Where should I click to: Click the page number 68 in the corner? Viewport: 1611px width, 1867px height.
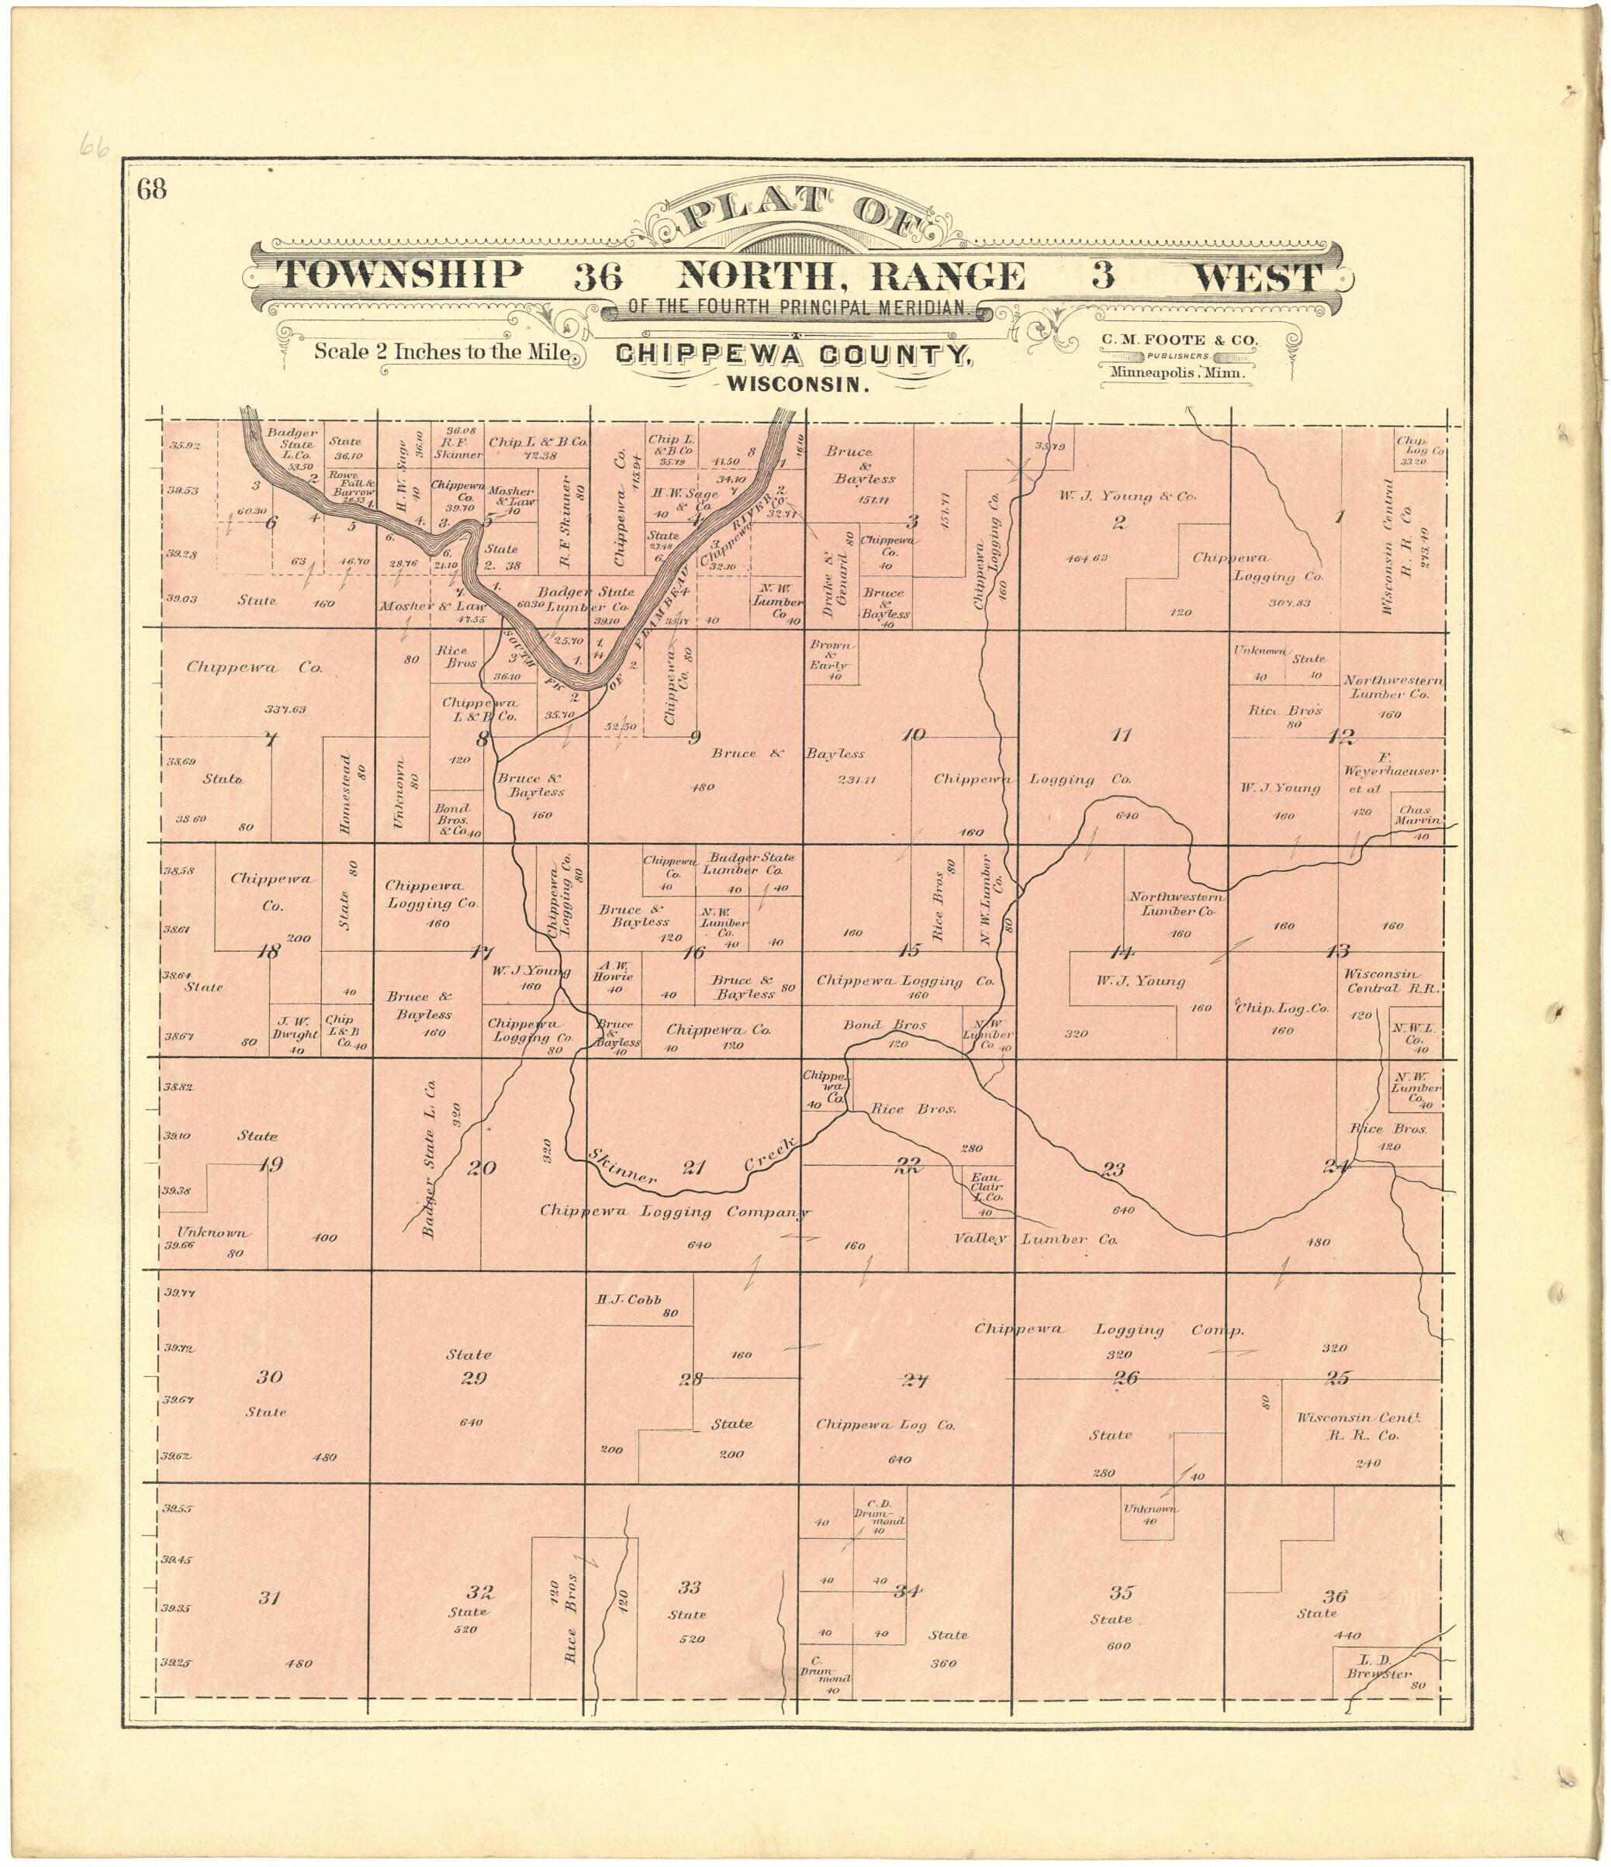pyautogui.click(x=152, y=190)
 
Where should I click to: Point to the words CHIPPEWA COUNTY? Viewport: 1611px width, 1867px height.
pyautogui.click(x=793, y=356)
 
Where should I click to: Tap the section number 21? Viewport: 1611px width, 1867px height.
pyautogui.click(x=693, y=1169)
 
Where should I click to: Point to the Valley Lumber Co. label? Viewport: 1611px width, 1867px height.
pyautogui.click(x=1035, y=1239)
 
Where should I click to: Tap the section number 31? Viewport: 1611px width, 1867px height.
pyautogui.click(x=269, y=1598)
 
